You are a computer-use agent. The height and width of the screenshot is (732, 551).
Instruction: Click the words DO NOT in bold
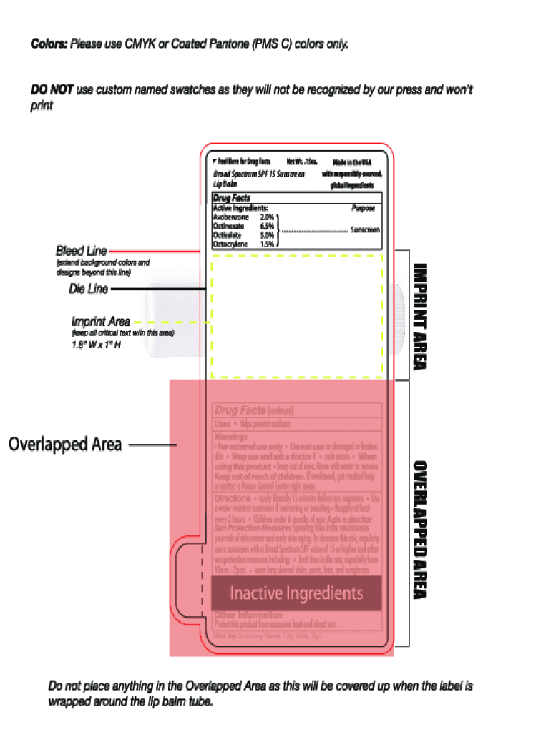pyautogui.click(x=52, y=90)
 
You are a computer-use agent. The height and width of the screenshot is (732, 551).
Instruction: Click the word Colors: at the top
pyautogui.click(x=49, y=44)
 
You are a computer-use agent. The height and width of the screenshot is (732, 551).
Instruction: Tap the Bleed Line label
pyautogui.click(x=82, y=251)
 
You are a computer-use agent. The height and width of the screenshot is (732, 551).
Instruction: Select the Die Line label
pyautogui.click(x=88, y=289)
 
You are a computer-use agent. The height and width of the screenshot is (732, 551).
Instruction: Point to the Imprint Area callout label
pyautogui.click(x=100, y=322)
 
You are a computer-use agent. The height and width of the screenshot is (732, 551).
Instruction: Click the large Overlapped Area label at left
pyautogui.click(x=65, y=445)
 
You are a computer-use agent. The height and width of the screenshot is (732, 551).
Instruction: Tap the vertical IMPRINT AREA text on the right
pyautogui.click(x=421, y=317)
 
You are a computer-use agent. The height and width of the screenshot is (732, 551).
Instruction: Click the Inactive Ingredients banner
pyautogui.click(x=296, y=593)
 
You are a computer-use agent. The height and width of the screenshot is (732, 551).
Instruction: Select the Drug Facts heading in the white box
pyautogui.click(x=232, y=198)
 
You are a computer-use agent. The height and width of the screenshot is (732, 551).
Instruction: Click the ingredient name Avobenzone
pyautogui.click(x=231, y=217)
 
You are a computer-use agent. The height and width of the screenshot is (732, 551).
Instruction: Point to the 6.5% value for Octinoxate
pyautogui.click(x=267, y=226)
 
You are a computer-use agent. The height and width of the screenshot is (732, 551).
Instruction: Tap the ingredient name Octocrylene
pyautogui.click(x=230, y=244)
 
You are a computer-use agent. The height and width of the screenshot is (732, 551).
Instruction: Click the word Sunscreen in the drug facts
pyautogui.click(x=364, y=230)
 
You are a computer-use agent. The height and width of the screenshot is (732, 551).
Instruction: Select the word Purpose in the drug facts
pyautogui.click(x=363, y=209)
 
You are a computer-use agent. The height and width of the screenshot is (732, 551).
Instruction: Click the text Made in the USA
pyautogui.click(x=351, y=163)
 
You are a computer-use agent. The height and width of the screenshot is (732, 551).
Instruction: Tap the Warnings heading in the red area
pyautogui.click(x=231, y=436)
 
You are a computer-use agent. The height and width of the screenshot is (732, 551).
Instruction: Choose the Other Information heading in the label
pyautogui.click(x=248, y=615)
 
